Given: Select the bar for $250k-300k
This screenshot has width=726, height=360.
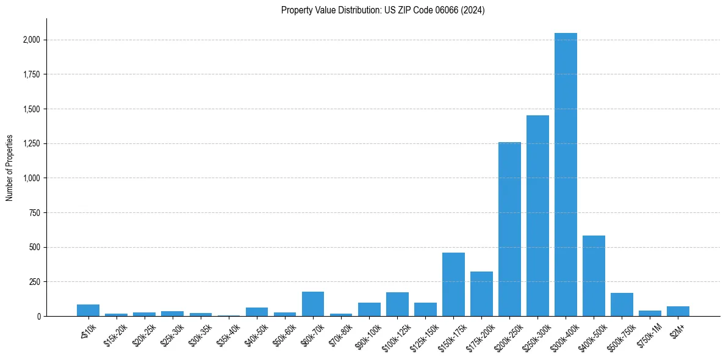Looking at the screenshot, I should coord(537,216).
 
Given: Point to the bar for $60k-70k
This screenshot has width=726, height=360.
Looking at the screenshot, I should coord(313,304).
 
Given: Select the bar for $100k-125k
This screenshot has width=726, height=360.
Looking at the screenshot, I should coord(397,304).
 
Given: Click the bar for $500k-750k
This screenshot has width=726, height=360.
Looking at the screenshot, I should coord(622,304).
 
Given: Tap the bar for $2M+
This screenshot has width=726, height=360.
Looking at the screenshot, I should coord(678,311).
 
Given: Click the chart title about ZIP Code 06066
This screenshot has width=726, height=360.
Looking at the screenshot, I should coord(383,10).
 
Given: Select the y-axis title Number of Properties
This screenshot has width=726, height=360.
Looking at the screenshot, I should coord(10,168).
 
